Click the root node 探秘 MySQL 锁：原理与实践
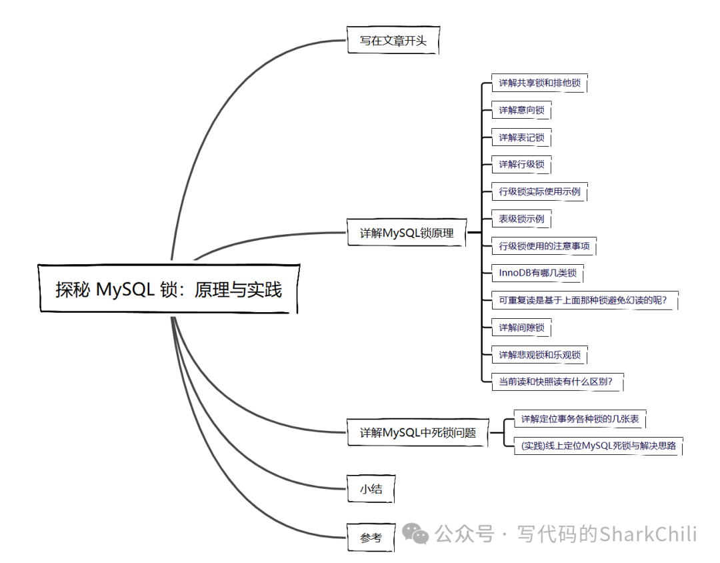(x=169, y=289)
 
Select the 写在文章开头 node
(x=393, y=41)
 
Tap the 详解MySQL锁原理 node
(x=407, y=233)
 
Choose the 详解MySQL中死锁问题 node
(x=418, y=432)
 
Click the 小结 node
(x=371, y=488)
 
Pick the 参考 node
(x=371, y=537)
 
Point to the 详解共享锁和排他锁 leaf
(x=539, y=83)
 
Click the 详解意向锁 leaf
(x=521, y=110)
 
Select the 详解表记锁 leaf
(x=521, y=137)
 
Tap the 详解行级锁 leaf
(x=521, y=164)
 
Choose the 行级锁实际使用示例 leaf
(x=539, y=191)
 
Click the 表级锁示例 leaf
(x=521, y=219)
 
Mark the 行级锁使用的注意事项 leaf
(x=544, y=246)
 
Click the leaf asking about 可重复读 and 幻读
(x=583, y=300)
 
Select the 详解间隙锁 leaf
(x=521, y=328)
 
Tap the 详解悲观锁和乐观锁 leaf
(x=539, y=355)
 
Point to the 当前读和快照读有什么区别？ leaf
(x=556, y=382)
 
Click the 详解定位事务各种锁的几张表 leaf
(x=580, y=419)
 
